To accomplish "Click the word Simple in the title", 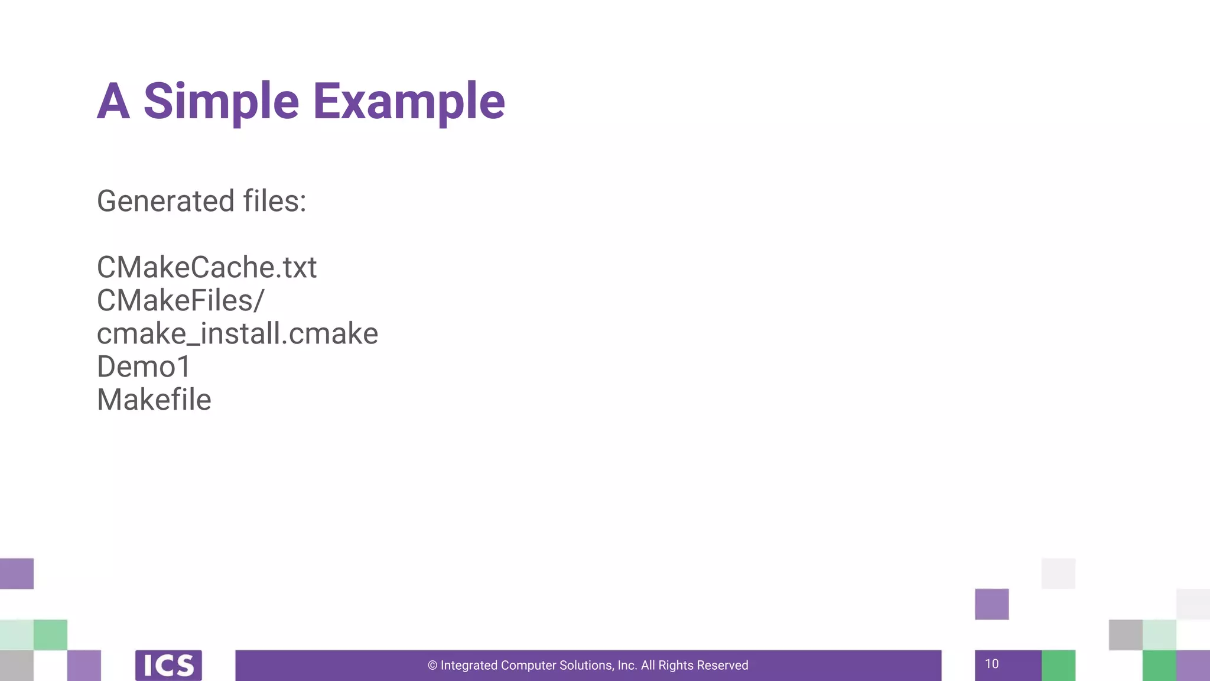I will pos(221,101).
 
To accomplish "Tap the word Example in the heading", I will pos(408,101).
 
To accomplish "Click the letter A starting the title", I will pos(113,101).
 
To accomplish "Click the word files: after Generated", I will pos(275,201).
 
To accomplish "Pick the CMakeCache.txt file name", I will pos(207,267).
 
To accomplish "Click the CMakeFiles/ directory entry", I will pos(180,300).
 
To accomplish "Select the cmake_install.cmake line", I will pos(237,333).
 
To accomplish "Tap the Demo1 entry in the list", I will pos(144,367).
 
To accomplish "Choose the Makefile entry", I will pos(154,400).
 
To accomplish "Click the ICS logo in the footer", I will pos(168,666).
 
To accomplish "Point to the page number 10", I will pos(991,664).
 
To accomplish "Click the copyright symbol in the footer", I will pos(432,666).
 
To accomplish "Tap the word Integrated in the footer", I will pos(469,666).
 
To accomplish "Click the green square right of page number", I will pos(1058,666).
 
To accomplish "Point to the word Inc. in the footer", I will pos(627,666).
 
